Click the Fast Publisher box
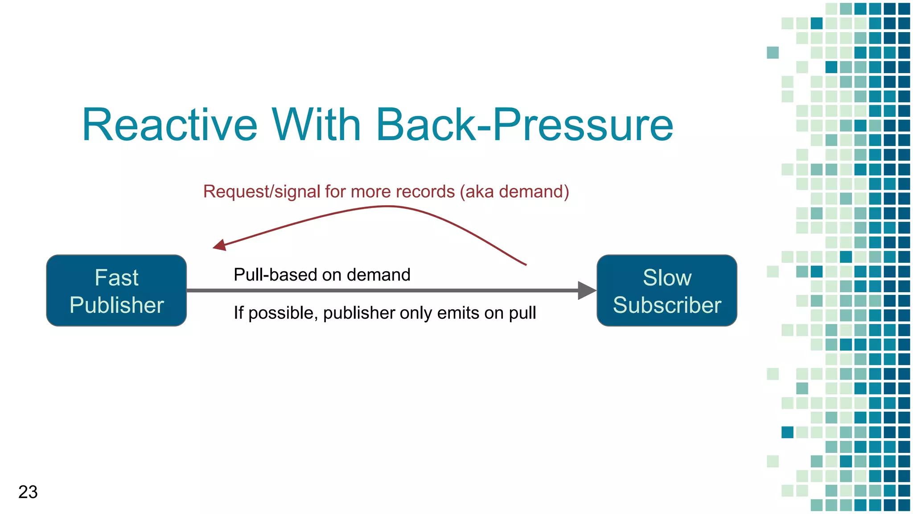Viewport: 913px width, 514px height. coord(116,290)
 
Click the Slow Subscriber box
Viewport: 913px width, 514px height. coord(666,290)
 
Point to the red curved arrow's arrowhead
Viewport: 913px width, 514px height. coord(219,245)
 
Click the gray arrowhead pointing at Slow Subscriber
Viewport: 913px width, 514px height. coord(587,290)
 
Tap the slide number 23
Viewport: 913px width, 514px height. coord(28,492)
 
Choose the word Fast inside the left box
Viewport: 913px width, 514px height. coord(116,278)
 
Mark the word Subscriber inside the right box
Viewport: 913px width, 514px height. coord(666,305)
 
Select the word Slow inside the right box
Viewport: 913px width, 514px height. coord(666,278)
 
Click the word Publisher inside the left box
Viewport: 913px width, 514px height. coord(116,305)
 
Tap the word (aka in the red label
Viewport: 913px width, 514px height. coord(477,191)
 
